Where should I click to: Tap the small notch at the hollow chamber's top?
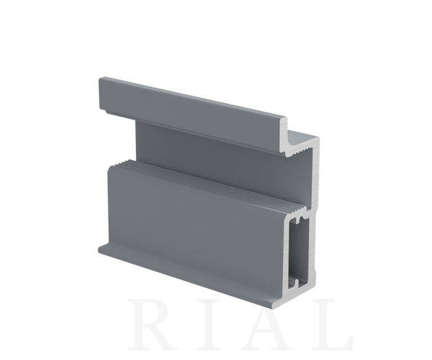coord(299,220)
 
